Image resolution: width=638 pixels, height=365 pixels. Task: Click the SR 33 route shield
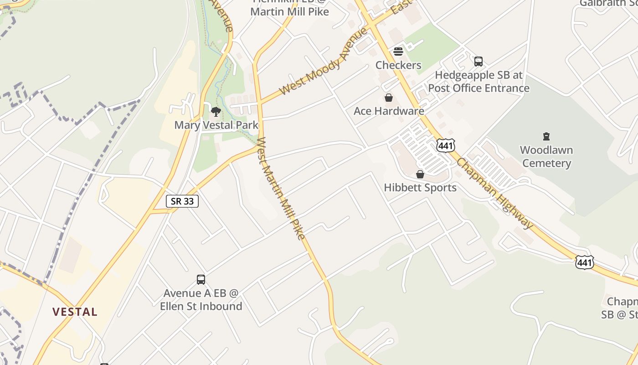[x=182, y=201]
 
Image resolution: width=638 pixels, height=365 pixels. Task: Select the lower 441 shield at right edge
[x=585, y=262]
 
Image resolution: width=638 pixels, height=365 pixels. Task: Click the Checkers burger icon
[x=398, y=51]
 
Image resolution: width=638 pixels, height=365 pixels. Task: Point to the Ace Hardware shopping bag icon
[x=389, y=98]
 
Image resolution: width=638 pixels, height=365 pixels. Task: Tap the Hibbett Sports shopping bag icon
[x=420, y=174]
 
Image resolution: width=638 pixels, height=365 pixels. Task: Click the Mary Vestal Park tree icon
[x=216, y=111]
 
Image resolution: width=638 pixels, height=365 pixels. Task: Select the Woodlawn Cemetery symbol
[x=546, y=136]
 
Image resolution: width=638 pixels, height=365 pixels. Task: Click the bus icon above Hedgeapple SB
[x=478, y=61]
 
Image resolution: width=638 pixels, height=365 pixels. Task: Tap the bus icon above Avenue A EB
[x=201, y=279]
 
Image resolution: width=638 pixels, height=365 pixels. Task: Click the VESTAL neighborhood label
[x=75, y=312]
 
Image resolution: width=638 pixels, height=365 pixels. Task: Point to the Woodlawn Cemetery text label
[x=546, y=156]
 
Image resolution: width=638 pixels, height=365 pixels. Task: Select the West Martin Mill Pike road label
[x=281, y=188]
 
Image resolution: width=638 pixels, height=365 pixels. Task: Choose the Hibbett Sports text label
[x=420, y=188]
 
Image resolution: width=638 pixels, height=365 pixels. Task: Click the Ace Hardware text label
[x=389, y=111]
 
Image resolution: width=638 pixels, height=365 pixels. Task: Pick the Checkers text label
[x=398, y=65]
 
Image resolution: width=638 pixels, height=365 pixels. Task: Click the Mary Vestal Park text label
[x=216, y=125]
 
